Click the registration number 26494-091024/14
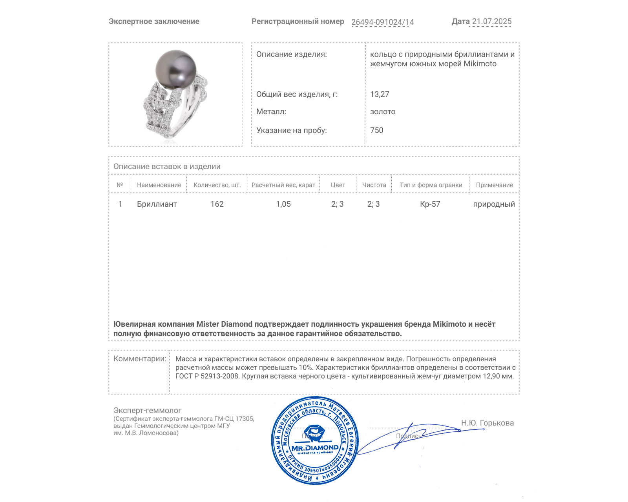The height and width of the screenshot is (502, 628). [x=382, y=22]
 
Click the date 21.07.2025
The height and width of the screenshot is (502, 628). [x=491, y=22]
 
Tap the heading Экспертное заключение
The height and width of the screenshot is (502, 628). [x=154, y=22]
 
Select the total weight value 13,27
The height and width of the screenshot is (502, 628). [x=380, y=94]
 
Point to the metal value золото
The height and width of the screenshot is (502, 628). [x=383, y=111]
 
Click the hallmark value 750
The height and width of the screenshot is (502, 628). [x=376, y=130]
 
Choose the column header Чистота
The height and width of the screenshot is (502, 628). [x=374, y=185]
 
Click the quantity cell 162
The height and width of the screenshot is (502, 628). [x=217, y=204]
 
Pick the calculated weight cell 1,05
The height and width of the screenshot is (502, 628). [x=283, y=204]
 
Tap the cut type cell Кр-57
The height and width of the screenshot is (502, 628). [x=430, y=204]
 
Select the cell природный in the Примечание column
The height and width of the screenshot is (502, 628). [x=494, y=204]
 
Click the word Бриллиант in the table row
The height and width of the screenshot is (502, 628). [x=157, y=204]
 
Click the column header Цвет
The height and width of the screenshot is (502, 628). [x=338, y=185]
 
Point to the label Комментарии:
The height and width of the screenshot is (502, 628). [x=140, y=358]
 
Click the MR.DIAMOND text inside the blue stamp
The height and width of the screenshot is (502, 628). [x=315, y=447]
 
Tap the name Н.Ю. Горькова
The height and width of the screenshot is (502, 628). [x=487, y=423]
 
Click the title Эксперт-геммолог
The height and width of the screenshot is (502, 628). [x=147, y=410]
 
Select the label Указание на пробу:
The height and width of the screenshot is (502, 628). [x=291, y=130]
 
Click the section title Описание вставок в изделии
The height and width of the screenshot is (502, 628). [x=167, y=166]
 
